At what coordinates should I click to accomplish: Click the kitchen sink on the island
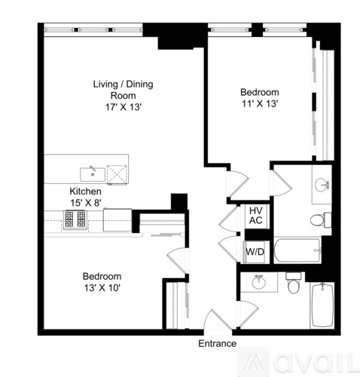tap(92, 169)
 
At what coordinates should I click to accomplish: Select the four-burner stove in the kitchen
tap(76, 219)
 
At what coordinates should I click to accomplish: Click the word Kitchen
tap(85, 192)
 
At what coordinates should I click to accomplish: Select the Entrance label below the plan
tap(218, 344)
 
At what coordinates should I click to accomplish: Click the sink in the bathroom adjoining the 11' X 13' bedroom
tap(322, 183)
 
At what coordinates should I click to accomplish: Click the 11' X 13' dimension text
tap(258, 103)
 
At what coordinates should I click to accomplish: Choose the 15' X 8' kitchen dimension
tap(85, 202)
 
